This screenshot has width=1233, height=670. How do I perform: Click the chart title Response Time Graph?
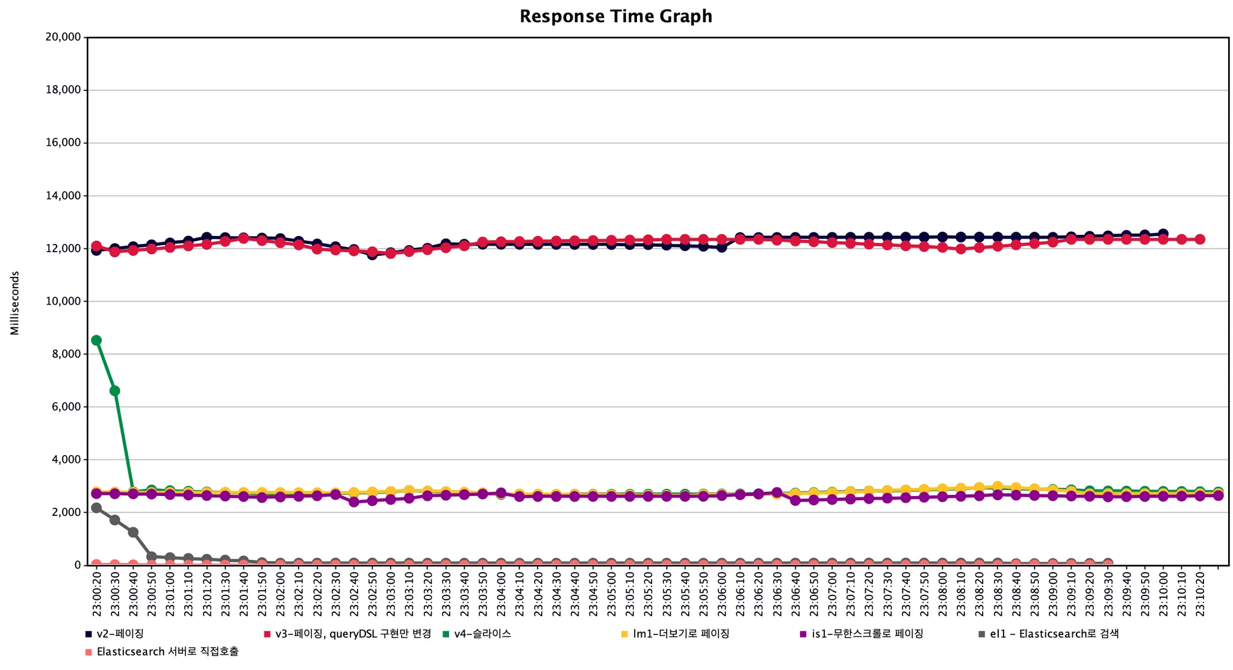(x=616, y=16)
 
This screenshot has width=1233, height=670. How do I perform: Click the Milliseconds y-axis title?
(x=15, y=303)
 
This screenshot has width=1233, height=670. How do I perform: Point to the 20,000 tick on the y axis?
(x=63, y=37)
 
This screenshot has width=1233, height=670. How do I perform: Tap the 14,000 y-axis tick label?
(x=63, y=196)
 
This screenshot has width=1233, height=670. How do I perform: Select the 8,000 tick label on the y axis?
(x=66, y=354)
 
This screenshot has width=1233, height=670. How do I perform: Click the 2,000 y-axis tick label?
(x=66, y=512)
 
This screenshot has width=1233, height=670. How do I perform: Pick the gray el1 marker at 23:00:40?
(x=133, y=532)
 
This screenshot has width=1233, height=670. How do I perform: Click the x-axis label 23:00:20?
(x=97, y=593)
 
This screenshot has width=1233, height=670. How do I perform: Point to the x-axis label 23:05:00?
(x=612, y=593)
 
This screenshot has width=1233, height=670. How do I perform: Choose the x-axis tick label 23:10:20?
(x=1200, y=593)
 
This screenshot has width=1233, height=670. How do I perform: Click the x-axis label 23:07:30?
(x=887, y=593)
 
